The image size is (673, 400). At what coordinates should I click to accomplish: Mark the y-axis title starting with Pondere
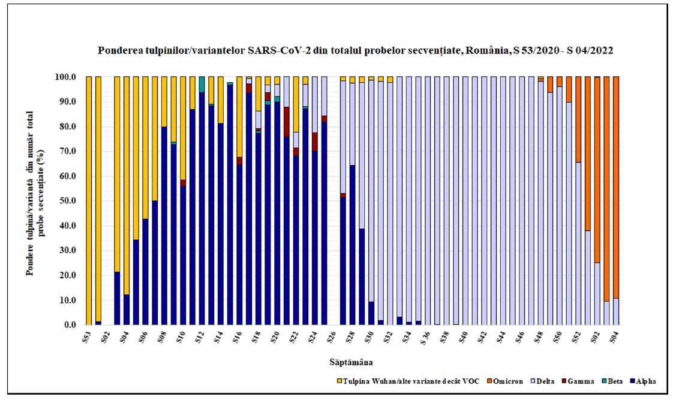point(35,201)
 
